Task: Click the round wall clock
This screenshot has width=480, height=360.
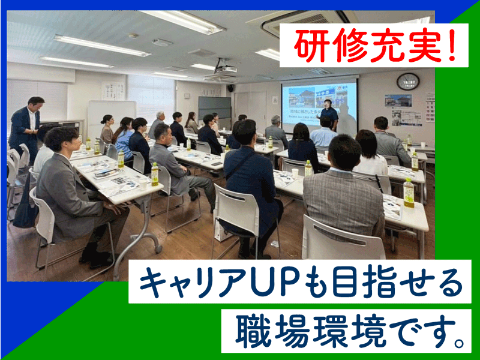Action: [408, 82]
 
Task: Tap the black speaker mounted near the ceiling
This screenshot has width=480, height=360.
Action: [231, 88]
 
